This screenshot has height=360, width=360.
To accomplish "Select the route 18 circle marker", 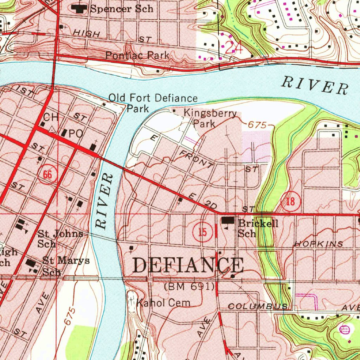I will pyautogui.click(x=290, y=201).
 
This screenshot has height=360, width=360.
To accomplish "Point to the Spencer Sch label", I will pyautogui.click(x=121, y=8).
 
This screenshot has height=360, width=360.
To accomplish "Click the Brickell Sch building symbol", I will pyautogui.click(x=228, y=220).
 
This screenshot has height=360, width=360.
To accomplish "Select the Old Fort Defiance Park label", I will pyautogui.click(x=153, y=103).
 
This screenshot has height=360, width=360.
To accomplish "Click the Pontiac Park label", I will pyautogui.click(x=137, y=55).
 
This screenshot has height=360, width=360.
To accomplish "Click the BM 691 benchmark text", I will pyautogui.click(x=189, y=287).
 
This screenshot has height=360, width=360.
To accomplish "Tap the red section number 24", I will pyautogui.click(x=233, y=47).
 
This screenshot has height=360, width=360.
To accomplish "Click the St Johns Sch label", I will pyautogui.click(x=60, y=238).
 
